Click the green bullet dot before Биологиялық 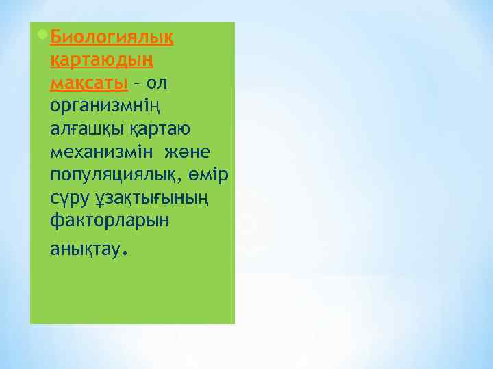coord(43,34)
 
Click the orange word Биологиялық coord(112,37)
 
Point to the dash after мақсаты coord(137,83)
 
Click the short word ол coord(157,83)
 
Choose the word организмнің coord(103,107)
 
